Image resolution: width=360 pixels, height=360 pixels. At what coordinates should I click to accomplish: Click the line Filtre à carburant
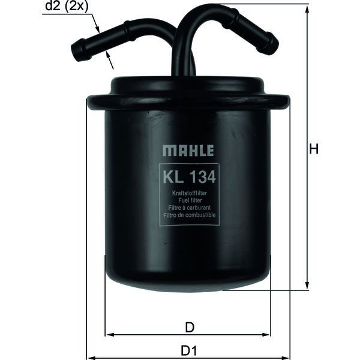coord(189,208)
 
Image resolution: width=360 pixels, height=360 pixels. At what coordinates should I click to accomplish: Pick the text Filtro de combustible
coord(189,215)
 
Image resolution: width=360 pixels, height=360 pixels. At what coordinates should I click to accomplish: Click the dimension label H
coord(313,149)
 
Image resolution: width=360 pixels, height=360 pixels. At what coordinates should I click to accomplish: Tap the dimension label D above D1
coord(189,327)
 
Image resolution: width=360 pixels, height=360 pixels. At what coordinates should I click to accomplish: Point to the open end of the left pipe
coord(77,51)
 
